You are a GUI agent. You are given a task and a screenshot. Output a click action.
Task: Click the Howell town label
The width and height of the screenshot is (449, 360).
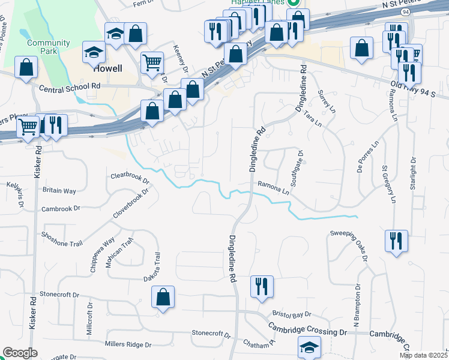tap(108, 68)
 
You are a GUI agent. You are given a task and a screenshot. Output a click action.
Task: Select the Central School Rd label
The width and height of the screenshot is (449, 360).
tap(69, 88)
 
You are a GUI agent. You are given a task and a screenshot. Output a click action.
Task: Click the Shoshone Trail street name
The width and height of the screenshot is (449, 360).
tap(61, 235)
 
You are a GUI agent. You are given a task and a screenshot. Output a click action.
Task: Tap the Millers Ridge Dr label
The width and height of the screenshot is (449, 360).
tap(128, 344)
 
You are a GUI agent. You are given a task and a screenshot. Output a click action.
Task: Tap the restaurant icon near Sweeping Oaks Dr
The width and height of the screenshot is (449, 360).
tap(396, 241)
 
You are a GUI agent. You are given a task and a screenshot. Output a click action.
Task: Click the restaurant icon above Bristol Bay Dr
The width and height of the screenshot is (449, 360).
tap(261, 286)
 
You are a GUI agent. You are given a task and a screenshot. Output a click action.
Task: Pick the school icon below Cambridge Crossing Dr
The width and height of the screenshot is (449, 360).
tap(309, 347)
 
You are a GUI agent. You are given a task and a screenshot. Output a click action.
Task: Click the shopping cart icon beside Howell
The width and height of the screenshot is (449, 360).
tap(152, 61)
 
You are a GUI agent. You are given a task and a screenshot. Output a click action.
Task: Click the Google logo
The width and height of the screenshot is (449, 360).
tap(20, 353)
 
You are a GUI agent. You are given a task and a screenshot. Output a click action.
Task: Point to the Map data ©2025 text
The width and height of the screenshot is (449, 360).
tap(424, 355)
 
